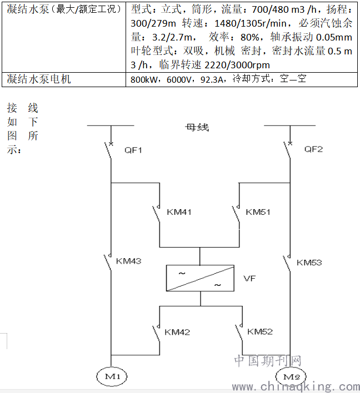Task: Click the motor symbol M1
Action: click(x=112, y=376)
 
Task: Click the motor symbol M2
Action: click(x=291, y=376)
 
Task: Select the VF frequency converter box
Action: click(x=200, y=278)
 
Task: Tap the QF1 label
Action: click(x=133, y=150)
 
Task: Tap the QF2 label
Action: click(x=313, y=149)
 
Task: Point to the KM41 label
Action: click(x=179, y=212)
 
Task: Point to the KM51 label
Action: click(x=258, y=212)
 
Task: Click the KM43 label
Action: click(x=129, y=261)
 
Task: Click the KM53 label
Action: click(x=309, y=263)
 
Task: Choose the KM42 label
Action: click(x=177, y=332)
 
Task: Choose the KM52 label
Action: click(x=260, y=331)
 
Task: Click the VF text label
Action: click(x=249, y=278)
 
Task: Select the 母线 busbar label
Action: click(x=197, y=127)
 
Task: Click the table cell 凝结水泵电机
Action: click(x=39, y=79)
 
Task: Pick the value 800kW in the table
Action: click(x=144, y=79)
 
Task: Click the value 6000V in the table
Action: click(x=178, y=79)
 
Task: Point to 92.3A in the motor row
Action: click(x=212, y=79)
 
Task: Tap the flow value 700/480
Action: click(x=270, y=9)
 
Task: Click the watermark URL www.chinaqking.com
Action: click(x=296, y=387)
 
